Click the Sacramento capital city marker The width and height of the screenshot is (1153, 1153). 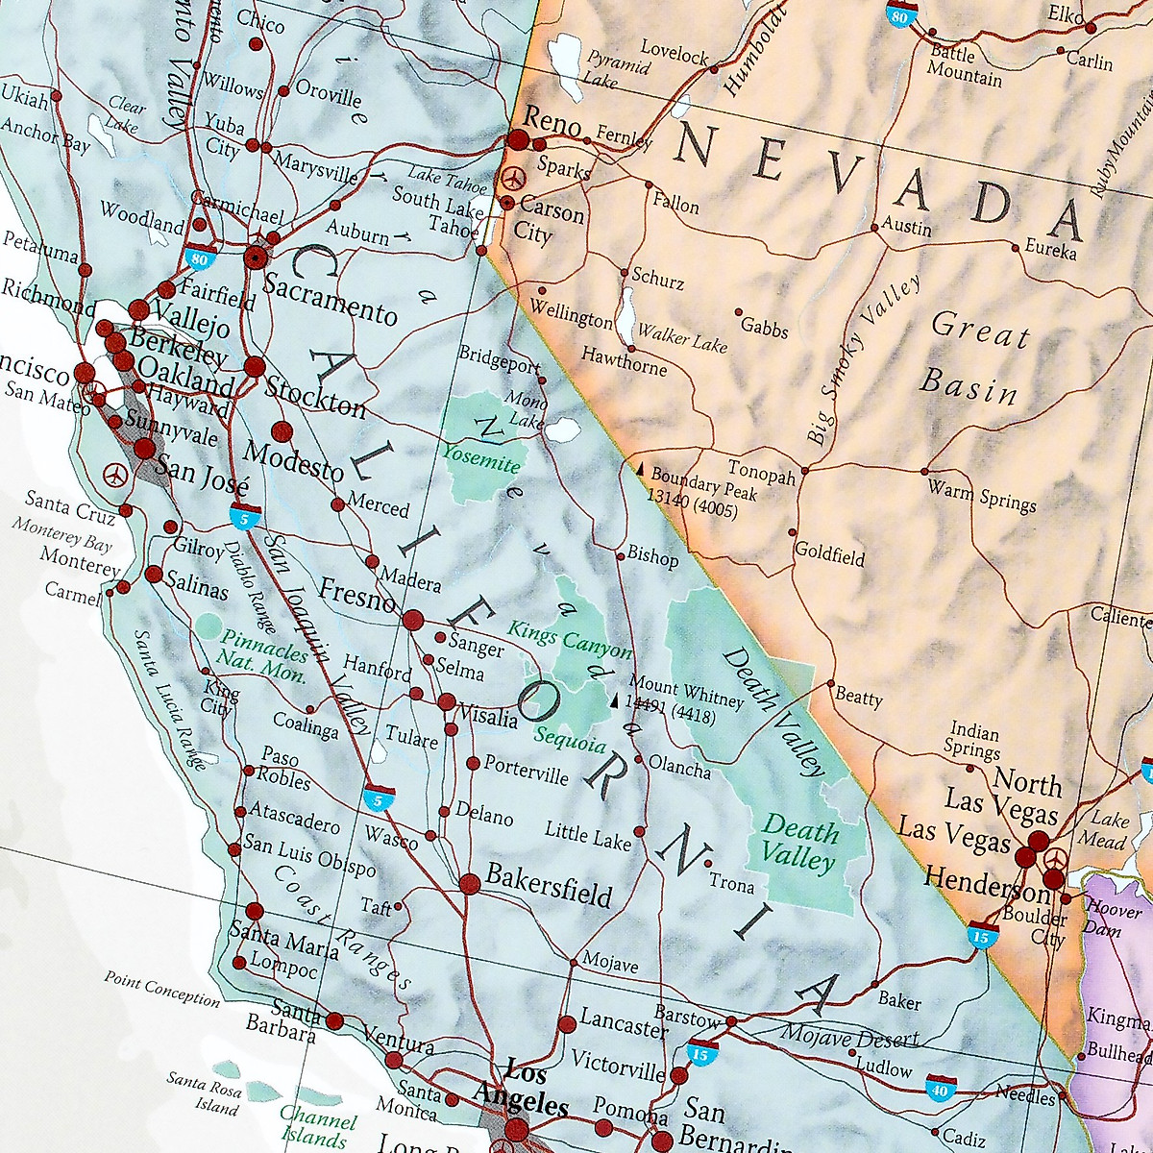click(x=256, y=257)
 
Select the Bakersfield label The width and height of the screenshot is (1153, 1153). click(x=549, y=883)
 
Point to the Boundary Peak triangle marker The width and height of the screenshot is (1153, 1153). click(x=638, y=468)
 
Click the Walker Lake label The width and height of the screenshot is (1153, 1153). click(x=683, y=338)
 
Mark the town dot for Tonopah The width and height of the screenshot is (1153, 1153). click(x=804, y=471)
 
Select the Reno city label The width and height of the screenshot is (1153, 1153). click(x=552, y=124)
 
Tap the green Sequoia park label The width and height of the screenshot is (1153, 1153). click(x=571, y=741)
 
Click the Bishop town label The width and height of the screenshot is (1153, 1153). click(x=652, y=556)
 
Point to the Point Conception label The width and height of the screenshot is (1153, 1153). click(x=161, y=989)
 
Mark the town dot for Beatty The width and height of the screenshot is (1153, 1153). click(x=831, y=683)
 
